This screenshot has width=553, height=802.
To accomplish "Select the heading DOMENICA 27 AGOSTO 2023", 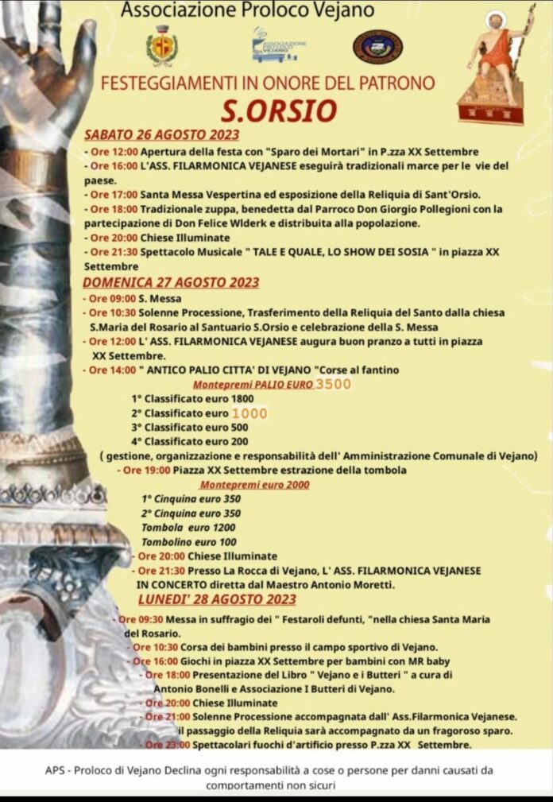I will [172, 282].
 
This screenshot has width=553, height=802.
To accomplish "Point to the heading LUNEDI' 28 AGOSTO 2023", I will [217, 599].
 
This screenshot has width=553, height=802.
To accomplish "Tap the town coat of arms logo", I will [162, 45].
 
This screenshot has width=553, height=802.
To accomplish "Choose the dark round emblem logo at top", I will [377, 46].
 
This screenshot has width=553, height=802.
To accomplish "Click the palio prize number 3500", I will [334, 385].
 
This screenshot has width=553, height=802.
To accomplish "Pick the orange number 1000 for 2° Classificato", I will [249, 413].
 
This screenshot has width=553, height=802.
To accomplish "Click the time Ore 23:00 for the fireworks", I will [168, 745].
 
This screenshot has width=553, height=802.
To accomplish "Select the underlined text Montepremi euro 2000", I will [255, 484].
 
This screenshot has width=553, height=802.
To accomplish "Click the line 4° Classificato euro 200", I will [190, 441].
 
